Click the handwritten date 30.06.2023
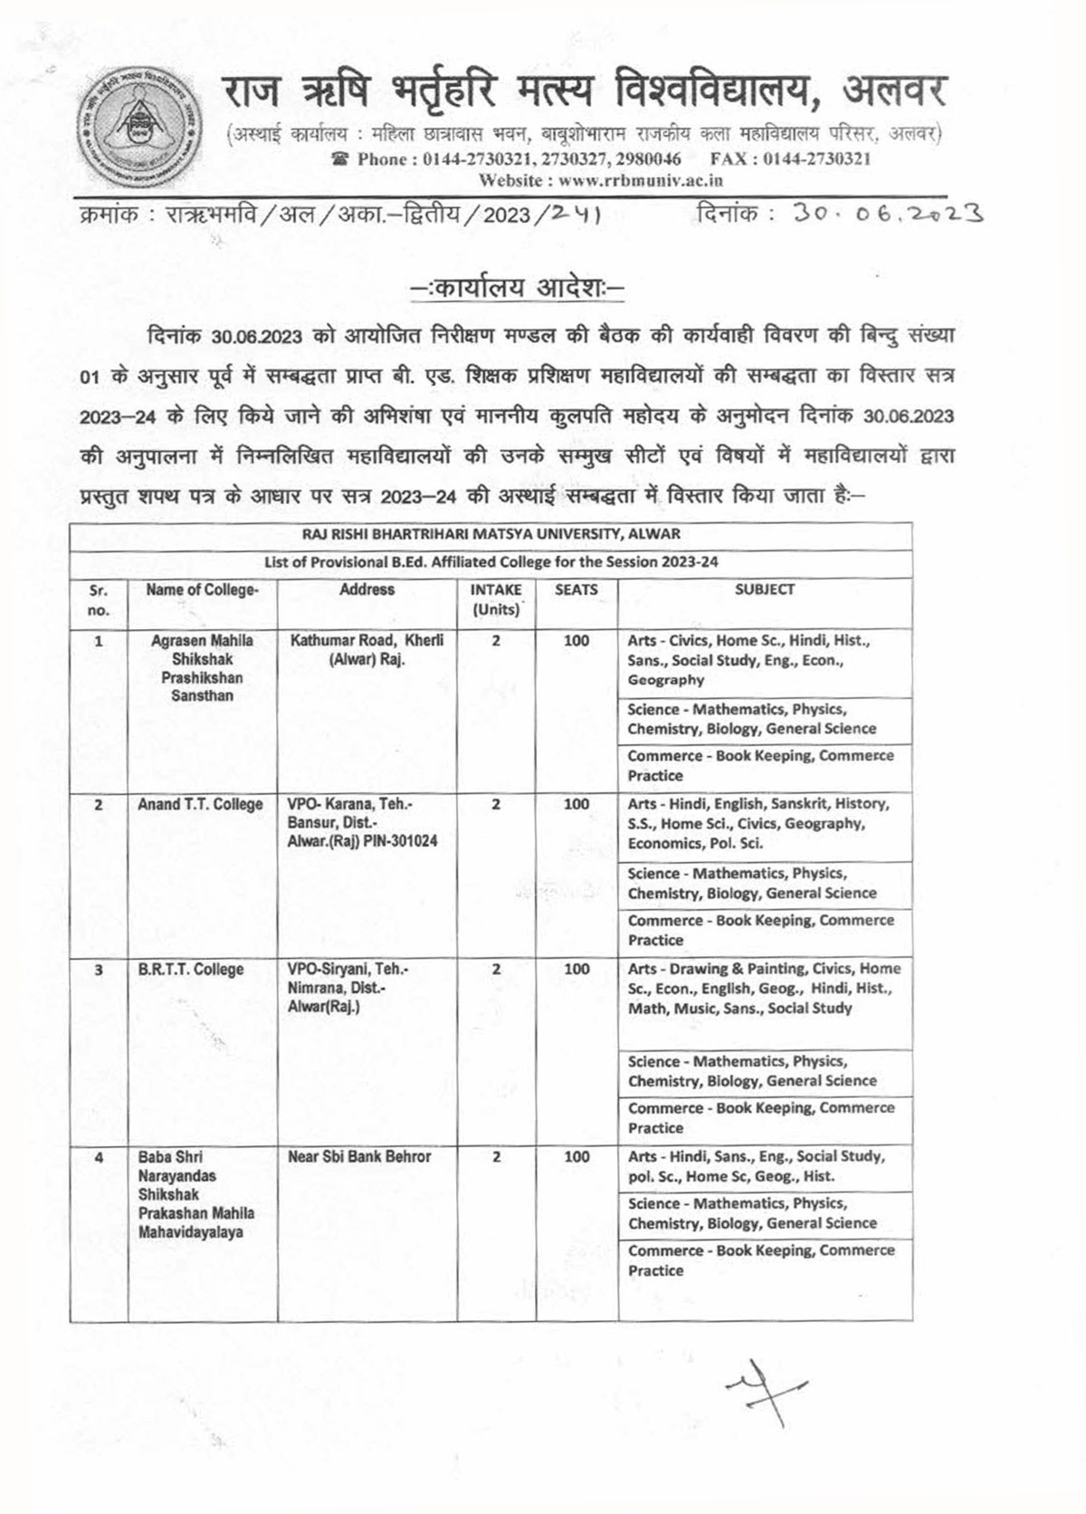pyautogui.click(x=886, y=214)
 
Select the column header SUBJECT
pyautogui.click(x=764, y=589)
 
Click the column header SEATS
pyautogui.click(x=576, y=589)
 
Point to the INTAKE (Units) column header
pyautogui.click(x=495, y=599)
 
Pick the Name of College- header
pyautogui.click(x=202, y=589)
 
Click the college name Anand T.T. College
pyautogui.click(x=200, y=804)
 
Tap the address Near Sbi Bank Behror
pyautogui.click(x=359, y=1156)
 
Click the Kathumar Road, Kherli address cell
pyautogui.click(x=367, y=649)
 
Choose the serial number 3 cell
pyautogui.click(x=99, y=970)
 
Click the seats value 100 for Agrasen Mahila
pyautogui.click(x=576, y=641)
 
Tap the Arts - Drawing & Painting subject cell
pyautogui.click(x=764, y=988)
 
